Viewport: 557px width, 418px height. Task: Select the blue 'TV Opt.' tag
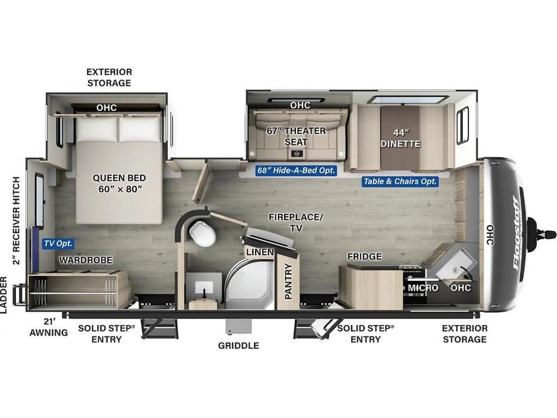(x=58, y=244)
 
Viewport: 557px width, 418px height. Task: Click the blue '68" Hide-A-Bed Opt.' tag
(x=296, y=170)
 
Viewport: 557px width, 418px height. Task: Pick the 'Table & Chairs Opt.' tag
(x=399, y=181)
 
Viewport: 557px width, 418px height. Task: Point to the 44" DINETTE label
(x=400, y=138)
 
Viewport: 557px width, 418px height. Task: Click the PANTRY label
(x=288, y=281)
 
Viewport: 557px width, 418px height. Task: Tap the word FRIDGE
(x=364, y=256)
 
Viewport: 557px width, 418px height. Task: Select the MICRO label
(x=423, y=288)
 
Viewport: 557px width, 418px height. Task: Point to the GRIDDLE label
(x=238, y=346)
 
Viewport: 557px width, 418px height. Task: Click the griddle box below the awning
(x=239, y=326)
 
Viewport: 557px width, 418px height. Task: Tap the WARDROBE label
(x=86, y=260)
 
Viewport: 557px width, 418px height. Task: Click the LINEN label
(x=260, y=252)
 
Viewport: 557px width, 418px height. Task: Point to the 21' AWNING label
(x=48, y=327)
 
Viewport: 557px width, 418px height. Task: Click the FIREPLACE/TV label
(x=296, y=222)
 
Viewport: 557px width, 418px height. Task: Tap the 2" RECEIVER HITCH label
(x=16, y=221)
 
